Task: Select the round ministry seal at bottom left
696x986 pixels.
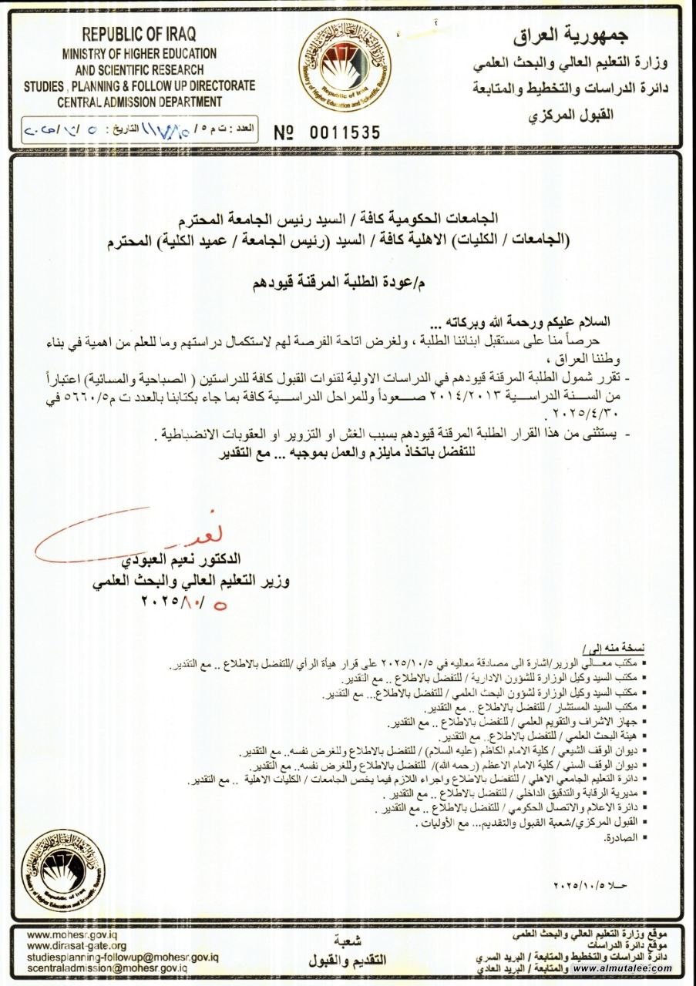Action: (63, 870)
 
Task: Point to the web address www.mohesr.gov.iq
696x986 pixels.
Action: (66, 934)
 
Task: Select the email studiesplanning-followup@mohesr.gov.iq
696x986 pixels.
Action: (123, 956)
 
